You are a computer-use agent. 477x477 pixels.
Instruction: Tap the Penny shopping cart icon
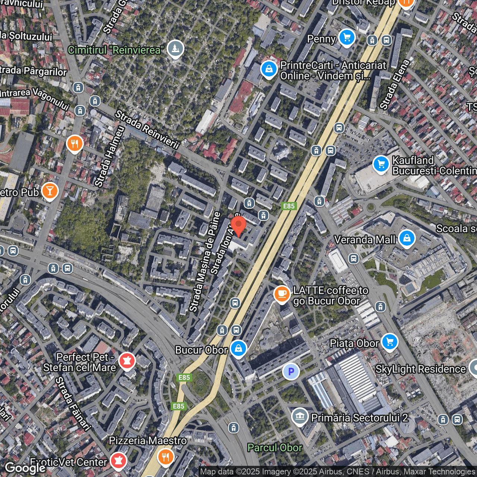point(347,37)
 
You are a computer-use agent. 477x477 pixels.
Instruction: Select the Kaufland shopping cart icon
point(381,164)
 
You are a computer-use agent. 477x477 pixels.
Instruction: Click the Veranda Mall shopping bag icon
point(407,237)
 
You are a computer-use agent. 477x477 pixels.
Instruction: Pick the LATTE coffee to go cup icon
point(282,294)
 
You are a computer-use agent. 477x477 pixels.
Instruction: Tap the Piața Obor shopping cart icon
point(389,341)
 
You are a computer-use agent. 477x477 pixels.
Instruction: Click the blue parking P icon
point(291,372)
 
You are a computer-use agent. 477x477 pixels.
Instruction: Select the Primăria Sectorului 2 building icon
point(300,416)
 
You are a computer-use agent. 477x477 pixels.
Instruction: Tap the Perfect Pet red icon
point(127,361)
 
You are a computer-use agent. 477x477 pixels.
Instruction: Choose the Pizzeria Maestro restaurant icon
point(165,457)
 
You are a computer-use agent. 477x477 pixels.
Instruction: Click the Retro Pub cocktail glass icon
point(50,191)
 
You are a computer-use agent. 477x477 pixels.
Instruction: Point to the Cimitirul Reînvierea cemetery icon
point(175,48)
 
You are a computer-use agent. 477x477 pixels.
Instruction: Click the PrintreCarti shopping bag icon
point(269,69)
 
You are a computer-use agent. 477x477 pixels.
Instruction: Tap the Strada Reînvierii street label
point(147,130)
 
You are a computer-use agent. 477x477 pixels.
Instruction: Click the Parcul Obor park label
point(275,448)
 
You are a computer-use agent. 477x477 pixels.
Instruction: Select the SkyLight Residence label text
point(420,369)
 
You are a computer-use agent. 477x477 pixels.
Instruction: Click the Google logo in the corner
point(25,468)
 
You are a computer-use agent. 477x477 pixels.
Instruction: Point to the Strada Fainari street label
point(73,404)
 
